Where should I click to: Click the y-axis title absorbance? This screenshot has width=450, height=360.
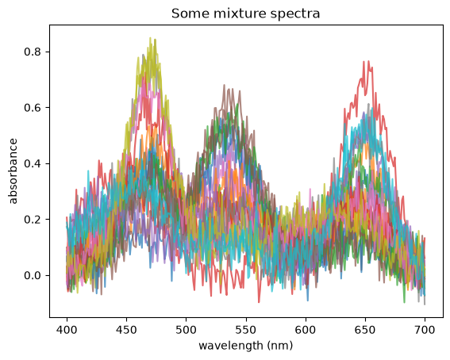[13, 171]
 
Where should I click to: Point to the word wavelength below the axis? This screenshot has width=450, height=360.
[231, 346]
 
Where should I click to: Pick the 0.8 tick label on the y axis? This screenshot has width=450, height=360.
[33, 52]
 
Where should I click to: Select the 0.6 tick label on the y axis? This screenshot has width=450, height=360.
[33, 108]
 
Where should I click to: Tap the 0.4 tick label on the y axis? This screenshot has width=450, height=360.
[33, 163]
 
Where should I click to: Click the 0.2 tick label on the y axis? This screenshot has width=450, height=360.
[33, 220]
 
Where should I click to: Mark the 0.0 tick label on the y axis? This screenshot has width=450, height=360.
[33, 275]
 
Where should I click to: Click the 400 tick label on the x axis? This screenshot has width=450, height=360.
[67, 330]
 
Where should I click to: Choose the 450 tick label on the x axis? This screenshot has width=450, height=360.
[126, 330]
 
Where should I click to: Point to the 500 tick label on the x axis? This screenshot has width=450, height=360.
[186, 330]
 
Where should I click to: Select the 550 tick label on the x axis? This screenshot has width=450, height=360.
[246, 330]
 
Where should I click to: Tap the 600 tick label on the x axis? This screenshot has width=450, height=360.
[306, 330]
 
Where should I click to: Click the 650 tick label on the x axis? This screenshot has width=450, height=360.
[365, 330]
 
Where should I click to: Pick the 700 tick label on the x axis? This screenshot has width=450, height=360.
[425, 330]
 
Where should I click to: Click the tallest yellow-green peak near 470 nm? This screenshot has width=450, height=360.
[150, 38]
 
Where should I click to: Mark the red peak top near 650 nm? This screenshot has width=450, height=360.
[368, 61]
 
